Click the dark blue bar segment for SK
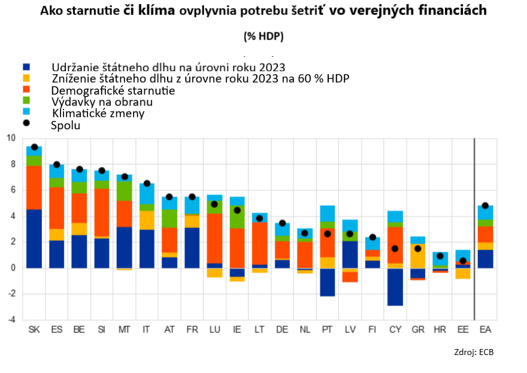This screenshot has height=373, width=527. click(34, 238)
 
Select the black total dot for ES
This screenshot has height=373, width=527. click(57, 165)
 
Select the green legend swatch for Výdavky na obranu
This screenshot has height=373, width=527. click(26, 101)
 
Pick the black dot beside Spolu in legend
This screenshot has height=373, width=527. click(26, 125)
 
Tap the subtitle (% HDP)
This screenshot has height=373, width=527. click(263, 36)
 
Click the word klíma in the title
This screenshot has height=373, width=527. click(159, 11)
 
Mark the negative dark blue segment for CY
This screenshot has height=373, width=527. click(395, 287)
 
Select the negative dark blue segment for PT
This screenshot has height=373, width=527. click(327, 282)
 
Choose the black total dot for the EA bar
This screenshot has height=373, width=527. click(485, 206)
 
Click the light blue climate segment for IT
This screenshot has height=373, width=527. click(147, 193)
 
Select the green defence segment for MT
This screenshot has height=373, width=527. click(124, 191)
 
